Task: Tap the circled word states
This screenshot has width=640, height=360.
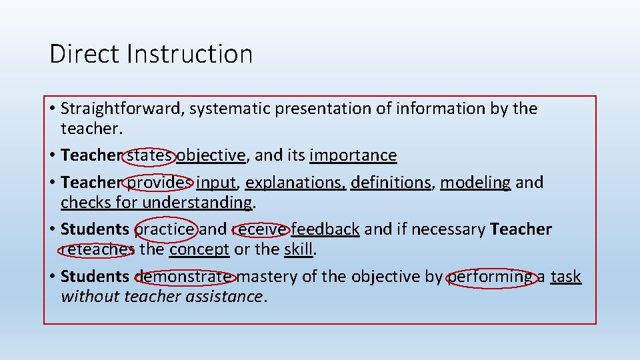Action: pos(150,155)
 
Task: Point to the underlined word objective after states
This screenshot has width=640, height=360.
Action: pos(211,155)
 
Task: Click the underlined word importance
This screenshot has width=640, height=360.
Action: pos(353,155)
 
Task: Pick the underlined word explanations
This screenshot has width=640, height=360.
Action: pos(295,182)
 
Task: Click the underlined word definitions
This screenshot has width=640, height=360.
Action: pos(391,182)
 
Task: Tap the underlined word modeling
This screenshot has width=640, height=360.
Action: pos(475,182)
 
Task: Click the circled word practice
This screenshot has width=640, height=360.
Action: pos(165,229)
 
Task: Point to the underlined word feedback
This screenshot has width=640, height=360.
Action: pos(325,229)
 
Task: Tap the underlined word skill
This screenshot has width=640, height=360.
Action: pos(298,249)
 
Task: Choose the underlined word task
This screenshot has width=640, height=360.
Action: pos(566,276)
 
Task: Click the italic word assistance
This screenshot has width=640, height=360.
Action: pos(227,296)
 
